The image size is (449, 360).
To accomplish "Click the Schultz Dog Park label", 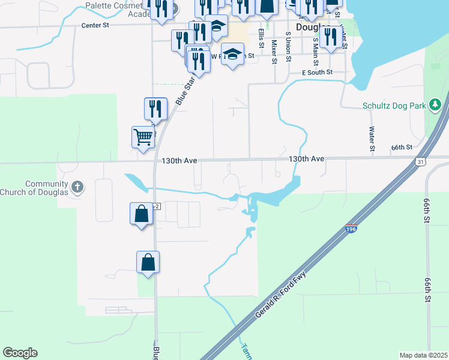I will [394, 106].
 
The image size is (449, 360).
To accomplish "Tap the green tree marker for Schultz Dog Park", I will [435, 106].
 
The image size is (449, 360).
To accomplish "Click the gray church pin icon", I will [77, 187].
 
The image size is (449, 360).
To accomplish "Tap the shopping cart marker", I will [143, 137].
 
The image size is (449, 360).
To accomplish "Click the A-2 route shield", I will [156, 206].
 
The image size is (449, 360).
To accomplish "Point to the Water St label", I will [372, 139].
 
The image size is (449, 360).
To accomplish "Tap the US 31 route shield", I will [422, 162].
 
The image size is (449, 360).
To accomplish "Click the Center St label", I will [96, 26].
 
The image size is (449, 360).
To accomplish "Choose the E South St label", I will [317, 72].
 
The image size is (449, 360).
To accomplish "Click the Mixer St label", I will [274, 52].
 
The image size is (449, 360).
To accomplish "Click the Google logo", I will [20, 353].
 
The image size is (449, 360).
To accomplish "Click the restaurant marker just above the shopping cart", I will [155, 109].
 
